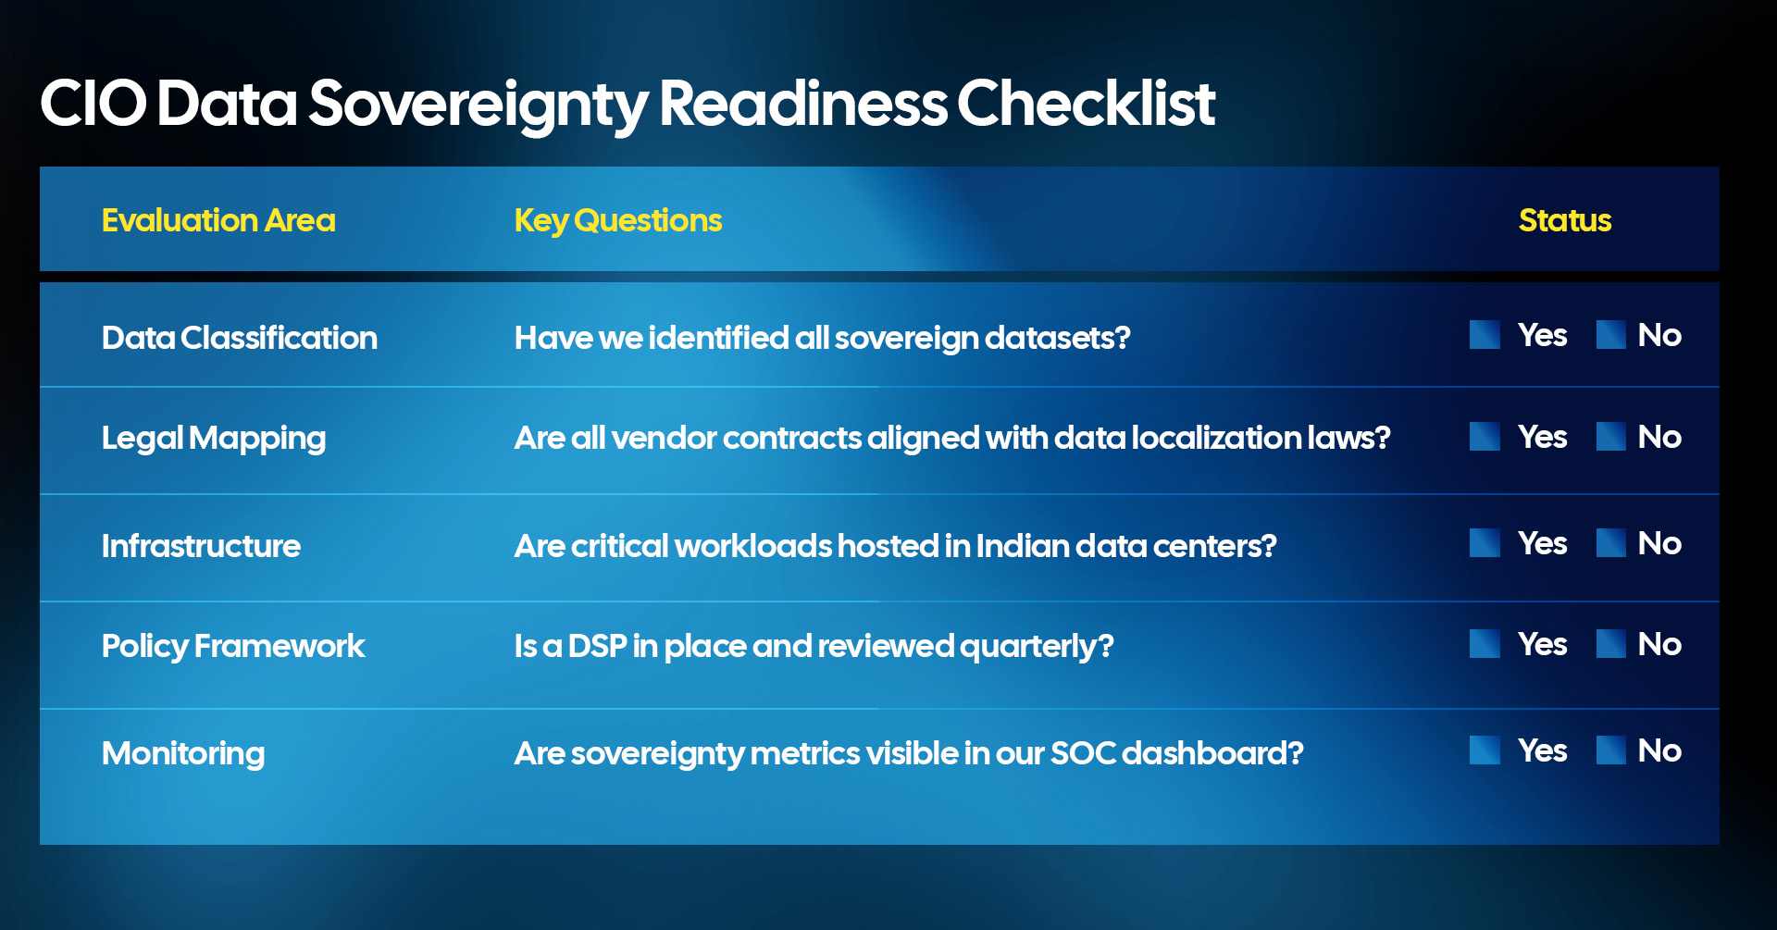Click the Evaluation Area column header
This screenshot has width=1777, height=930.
218,220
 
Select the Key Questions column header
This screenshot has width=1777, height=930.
617,220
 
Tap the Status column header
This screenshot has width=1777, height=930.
1564,220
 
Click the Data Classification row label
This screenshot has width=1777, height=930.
239,338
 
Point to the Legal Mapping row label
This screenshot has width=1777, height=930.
213,438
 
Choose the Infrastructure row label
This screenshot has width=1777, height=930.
201,546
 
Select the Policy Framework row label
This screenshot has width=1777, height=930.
233,646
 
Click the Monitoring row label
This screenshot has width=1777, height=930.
183,753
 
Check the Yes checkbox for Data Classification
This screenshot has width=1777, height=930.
1485,335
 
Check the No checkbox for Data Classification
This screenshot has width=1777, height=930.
1610,335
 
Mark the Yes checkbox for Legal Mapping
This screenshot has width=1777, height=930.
1485,437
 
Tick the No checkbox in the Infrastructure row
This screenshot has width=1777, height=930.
1610,543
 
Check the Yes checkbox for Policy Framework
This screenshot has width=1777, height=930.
1485,644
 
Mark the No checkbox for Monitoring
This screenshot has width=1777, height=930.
1610,750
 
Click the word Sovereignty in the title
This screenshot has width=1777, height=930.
478,104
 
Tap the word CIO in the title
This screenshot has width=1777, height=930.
93,104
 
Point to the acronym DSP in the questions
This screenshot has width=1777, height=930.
597,646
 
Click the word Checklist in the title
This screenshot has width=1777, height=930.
1085,104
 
